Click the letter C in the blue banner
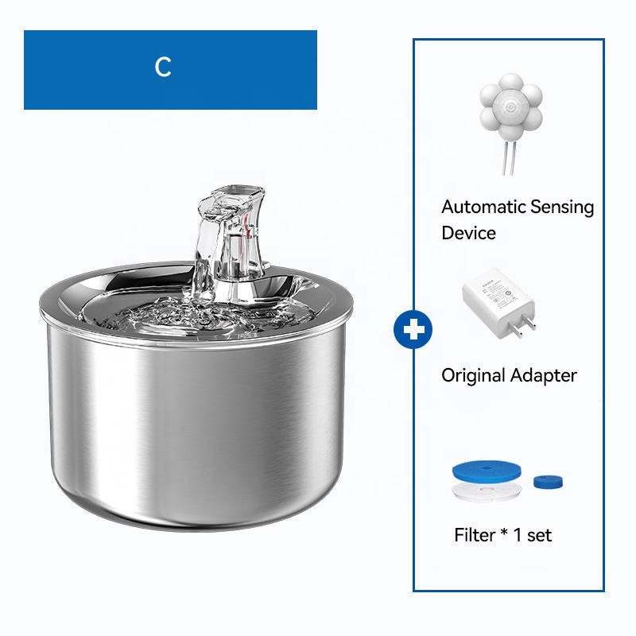pos(163,68)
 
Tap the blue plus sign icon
pos(413,330)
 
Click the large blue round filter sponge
pos(486,472)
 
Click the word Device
pos(468,233)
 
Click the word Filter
pos(475,535)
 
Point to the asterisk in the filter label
pos(504,533)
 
